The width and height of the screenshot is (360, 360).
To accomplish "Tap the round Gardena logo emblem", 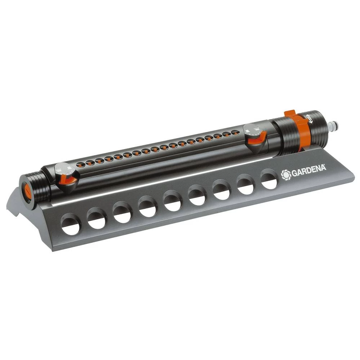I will coord(285,175).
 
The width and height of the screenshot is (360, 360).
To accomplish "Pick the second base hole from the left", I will coord(97,219).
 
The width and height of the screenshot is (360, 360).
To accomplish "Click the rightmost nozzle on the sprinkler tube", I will coord(235,132).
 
